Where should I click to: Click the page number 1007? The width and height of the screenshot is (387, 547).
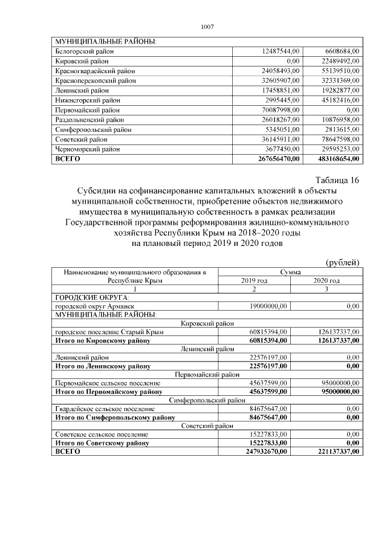207,27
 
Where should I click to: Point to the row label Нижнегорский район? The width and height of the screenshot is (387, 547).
88,100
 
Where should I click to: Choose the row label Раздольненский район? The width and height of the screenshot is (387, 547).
89,120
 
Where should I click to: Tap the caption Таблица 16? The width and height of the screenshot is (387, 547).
337,180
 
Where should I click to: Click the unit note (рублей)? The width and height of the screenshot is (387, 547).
343,262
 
